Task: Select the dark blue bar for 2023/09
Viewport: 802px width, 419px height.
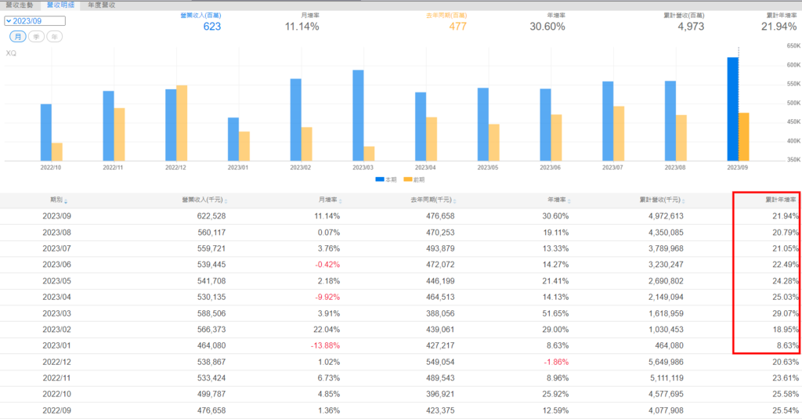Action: [732, 110]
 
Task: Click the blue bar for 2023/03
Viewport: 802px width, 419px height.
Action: [358, 115]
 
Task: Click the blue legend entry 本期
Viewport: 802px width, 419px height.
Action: [385, 179]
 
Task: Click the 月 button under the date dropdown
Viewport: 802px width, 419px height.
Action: [16, 37]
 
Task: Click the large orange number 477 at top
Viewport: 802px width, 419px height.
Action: [459, 27]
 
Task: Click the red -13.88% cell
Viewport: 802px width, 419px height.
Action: [323, 345]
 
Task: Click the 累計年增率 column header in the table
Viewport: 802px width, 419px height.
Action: [778, 200]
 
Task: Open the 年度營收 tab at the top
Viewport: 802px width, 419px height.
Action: [101, 5]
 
